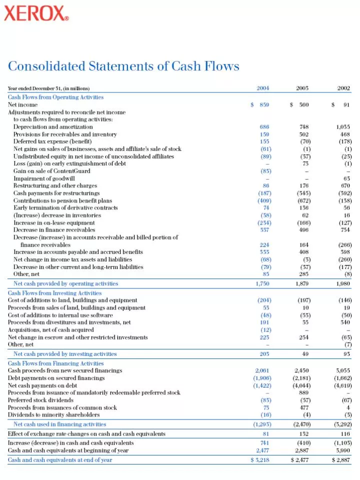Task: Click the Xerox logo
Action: pyautogui.click(x=36, y=13)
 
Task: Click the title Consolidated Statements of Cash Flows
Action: pyautogui.click(x=123, y=66)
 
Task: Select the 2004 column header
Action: pyautogui.click(x=263, y=88)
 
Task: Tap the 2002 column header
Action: pyautogui.click(x=343, y=88)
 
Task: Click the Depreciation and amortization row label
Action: pyautogui.click(x=53, y=127)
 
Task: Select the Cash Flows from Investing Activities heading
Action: pyautogui.click(x=54, y=293)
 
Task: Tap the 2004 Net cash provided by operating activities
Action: pyautogui.click(x=262, y=283)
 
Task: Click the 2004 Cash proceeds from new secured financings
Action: pyautogui.click(x=262, y=370)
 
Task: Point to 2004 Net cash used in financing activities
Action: pyautogui.click(x=261, y=424)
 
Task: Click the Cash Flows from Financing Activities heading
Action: pyautogui.click(x=55, y=363)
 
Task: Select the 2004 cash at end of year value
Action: pyautogui.click(x=260, y=460)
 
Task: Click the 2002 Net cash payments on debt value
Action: pyautogui.click(x=342, y=385)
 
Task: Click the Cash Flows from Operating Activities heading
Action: pyautogui.click(x=55, y=97)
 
